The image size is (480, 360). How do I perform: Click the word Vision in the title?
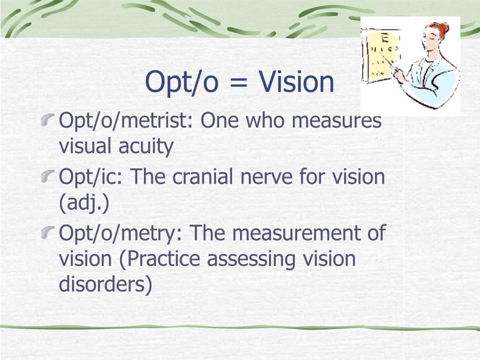click(297, 82)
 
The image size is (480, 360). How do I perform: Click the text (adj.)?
click(84, 204)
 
